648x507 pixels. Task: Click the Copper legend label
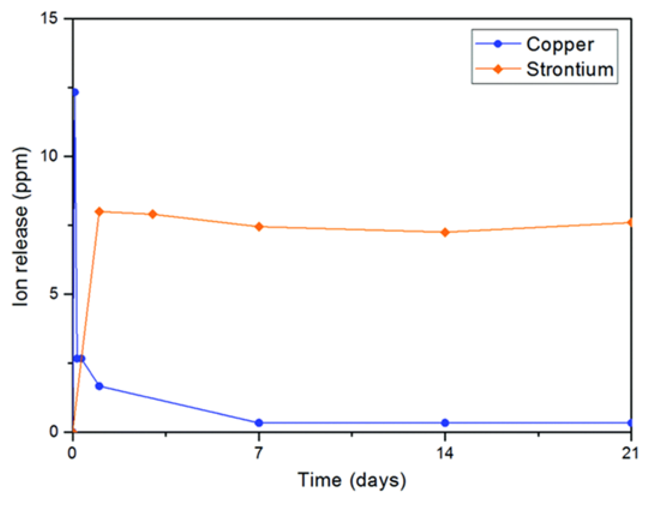559,45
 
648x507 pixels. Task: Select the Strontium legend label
570,70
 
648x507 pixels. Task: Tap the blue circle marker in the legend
498,44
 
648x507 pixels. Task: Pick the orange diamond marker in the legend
498,69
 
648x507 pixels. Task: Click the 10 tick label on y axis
49,156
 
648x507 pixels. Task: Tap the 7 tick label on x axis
258,453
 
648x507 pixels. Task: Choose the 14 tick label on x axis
445,453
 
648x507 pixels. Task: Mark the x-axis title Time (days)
352,480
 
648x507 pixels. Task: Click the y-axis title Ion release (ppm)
21,226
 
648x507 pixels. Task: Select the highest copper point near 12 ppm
75,92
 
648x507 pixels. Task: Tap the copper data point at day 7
259,423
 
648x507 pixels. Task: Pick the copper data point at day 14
445,423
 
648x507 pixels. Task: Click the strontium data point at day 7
259,227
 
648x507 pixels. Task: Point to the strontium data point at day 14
445,232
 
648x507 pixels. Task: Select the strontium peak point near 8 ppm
100,212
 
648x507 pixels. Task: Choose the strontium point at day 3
153,214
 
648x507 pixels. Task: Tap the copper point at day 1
99,386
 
